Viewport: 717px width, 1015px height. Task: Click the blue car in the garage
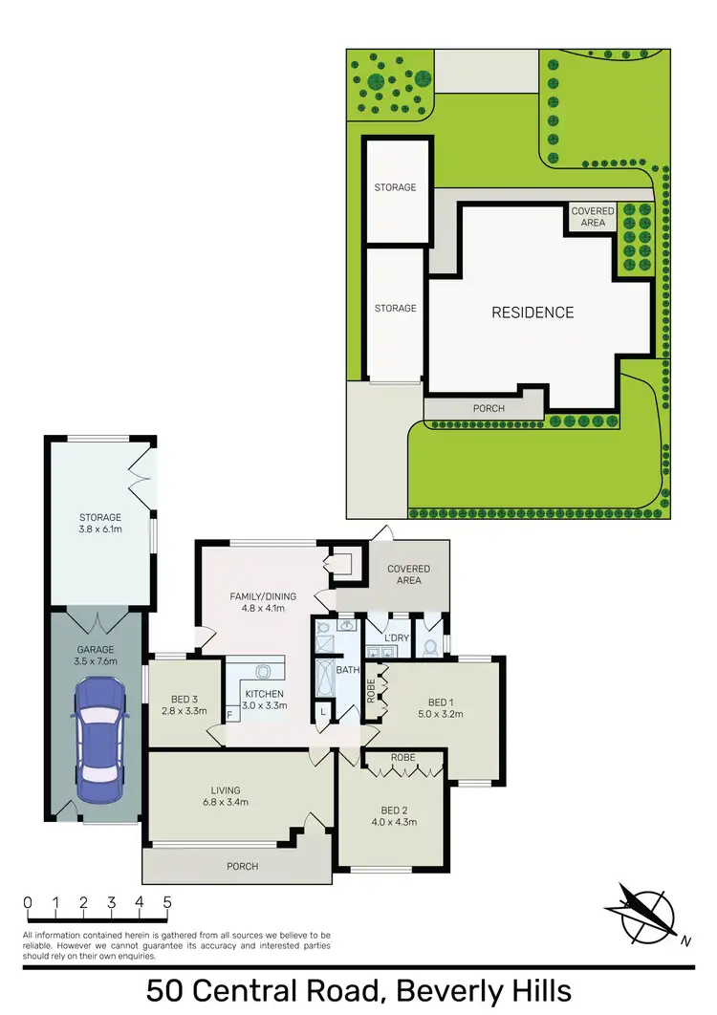[100, 740]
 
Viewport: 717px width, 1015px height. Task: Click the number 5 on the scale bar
[167, 902]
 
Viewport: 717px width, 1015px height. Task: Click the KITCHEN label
[264, 694]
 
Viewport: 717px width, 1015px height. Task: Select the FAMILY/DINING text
[263, 596]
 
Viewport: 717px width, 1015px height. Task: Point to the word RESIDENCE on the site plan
[532, 313]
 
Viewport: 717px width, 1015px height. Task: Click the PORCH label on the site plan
[489, 408]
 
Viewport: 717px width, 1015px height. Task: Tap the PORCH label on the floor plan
[243, 867]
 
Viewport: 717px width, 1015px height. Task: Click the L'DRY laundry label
[397, 637]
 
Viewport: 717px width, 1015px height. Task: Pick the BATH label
[346, 670]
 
